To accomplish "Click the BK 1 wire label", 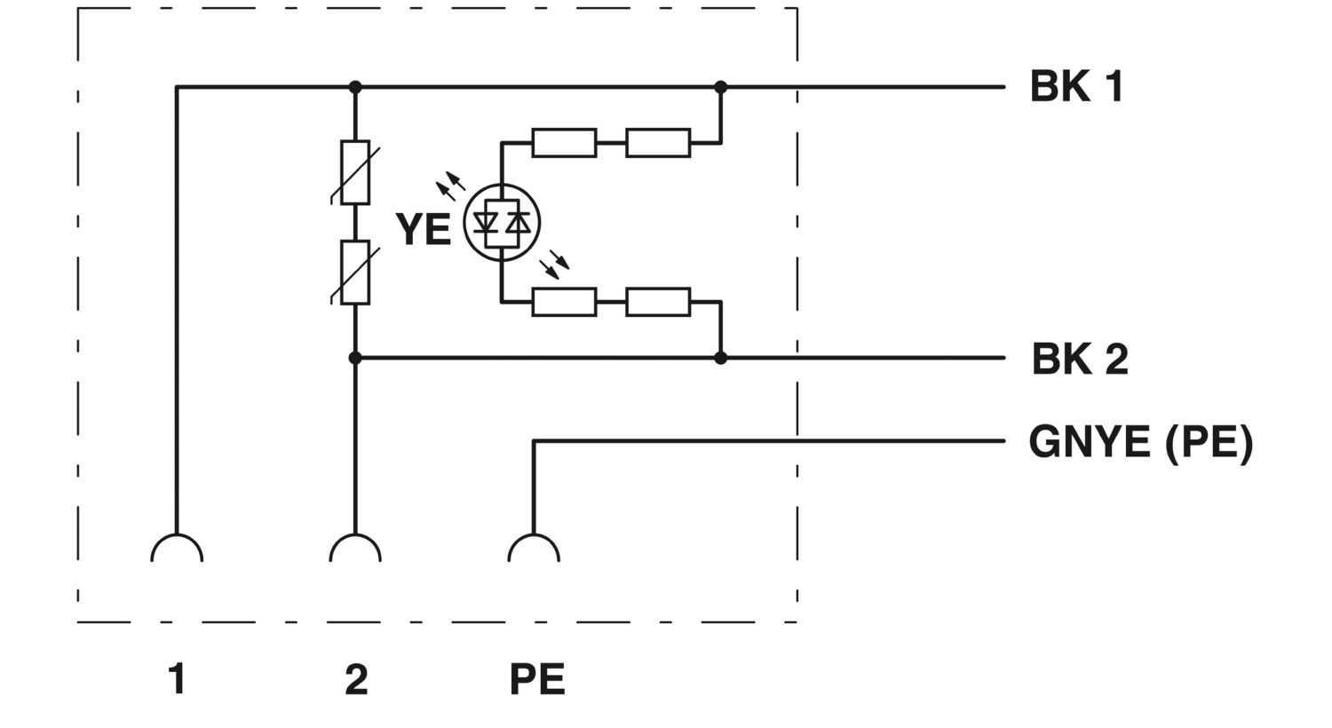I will [1076, 87].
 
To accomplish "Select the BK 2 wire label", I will [1079, 359].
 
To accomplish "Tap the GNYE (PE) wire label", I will [1140, 441].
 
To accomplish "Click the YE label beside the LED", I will [423, 229].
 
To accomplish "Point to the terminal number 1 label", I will [177, 679].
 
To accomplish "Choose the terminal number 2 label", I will [355, 679].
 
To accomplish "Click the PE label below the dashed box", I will [536, 679].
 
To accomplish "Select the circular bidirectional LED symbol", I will [502, 223].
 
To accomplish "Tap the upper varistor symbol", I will [355, 172].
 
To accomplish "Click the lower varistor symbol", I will [355, 273].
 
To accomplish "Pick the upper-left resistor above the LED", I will [564, 143].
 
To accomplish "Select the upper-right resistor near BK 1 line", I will [658, 143].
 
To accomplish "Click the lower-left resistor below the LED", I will [564, 302].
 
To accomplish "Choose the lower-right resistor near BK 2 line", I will [658, 302].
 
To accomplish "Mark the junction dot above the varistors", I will [355, 87].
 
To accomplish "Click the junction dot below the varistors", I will [355, 358].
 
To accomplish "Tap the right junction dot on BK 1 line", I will [721, 87].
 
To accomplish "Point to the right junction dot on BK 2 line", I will [721, 358].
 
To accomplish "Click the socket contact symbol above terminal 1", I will [177, 549].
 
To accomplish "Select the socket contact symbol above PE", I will [534, 549].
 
